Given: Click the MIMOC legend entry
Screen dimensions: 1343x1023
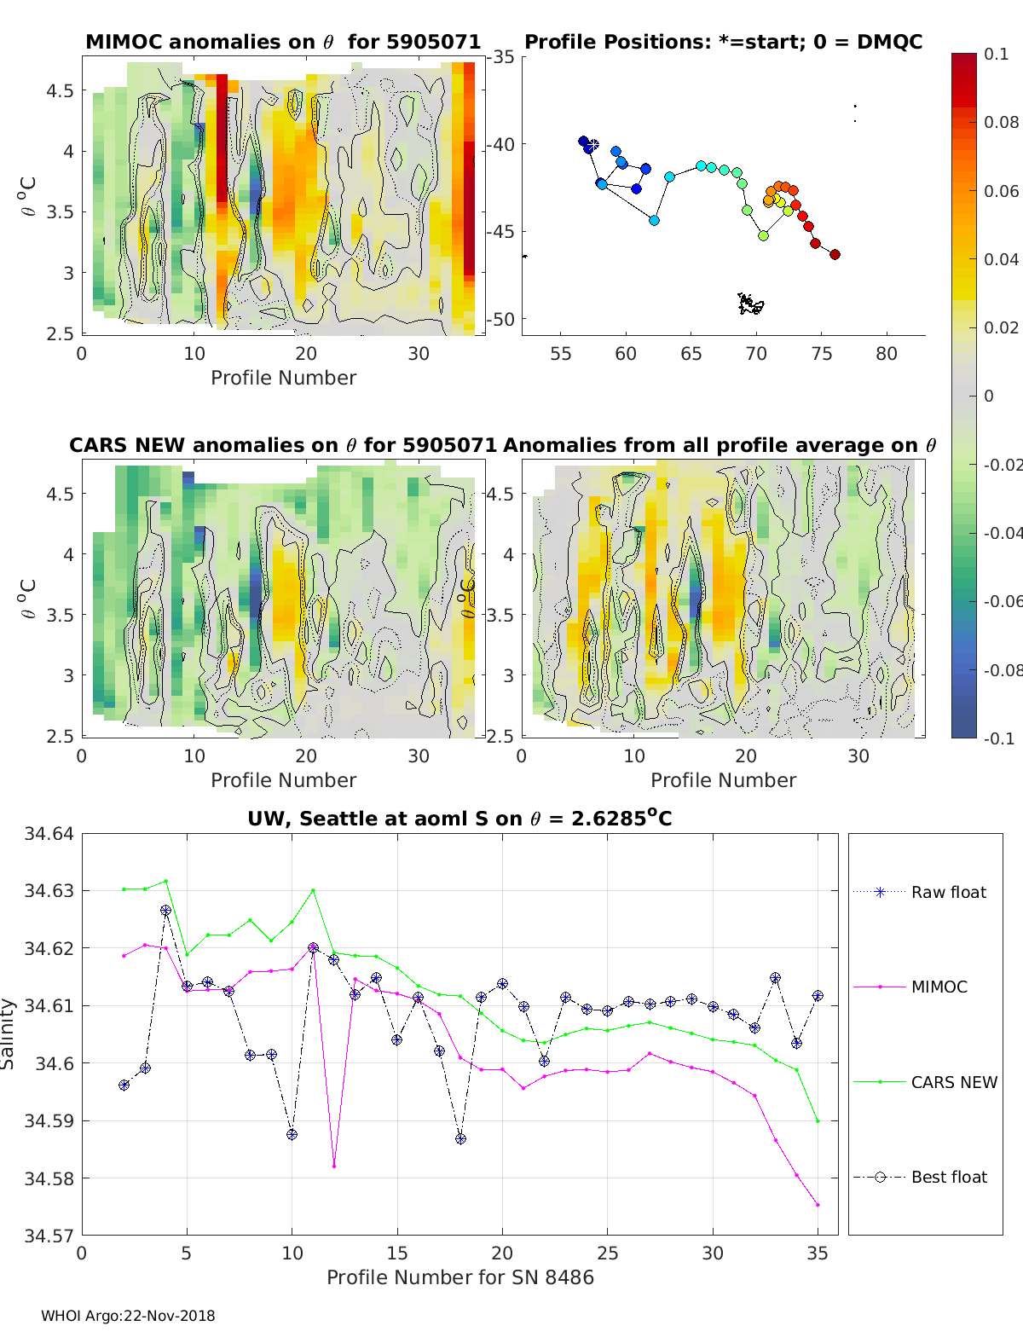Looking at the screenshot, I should (x=939, y=987).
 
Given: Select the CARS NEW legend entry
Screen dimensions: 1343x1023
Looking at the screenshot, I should (x=953, y=1082).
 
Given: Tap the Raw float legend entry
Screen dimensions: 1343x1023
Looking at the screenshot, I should (x=948, y=892).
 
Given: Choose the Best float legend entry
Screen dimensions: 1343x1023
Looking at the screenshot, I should (x=948, y=1177).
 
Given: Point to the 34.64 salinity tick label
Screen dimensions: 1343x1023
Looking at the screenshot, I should (x=49, y=834).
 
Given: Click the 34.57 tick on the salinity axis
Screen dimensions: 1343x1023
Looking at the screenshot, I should (x=49, y=1235).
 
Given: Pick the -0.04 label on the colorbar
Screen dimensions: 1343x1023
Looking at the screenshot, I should (x=1003, y=533).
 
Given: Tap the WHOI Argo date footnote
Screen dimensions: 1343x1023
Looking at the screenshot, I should (x=128, y=1316).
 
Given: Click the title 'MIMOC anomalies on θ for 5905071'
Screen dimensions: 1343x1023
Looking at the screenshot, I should (x=283, y=42).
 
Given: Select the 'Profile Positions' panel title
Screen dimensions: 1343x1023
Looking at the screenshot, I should (x=723, y=42).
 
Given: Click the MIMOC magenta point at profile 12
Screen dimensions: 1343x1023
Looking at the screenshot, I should (x=334, y=1166).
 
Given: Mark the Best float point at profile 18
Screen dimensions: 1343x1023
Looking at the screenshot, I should (x=460, y=1138).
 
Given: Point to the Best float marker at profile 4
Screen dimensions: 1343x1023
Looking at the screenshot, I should (x=165, y=911).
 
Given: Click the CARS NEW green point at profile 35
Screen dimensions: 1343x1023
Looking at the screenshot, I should (x=818, y=1120).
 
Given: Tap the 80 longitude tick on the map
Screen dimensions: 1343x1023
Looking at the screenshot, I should (x=887, y=354).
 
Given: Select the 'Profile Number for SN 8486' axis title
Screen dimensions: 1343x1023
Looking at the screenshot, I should (x=459, y=1277).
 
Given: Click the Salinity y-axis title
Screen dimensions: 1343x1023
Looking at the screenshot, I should (x=9, y=1033).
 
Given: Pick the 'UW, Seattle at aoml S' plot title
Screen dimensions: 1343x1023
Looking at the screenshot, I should (x=459, y=819).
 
